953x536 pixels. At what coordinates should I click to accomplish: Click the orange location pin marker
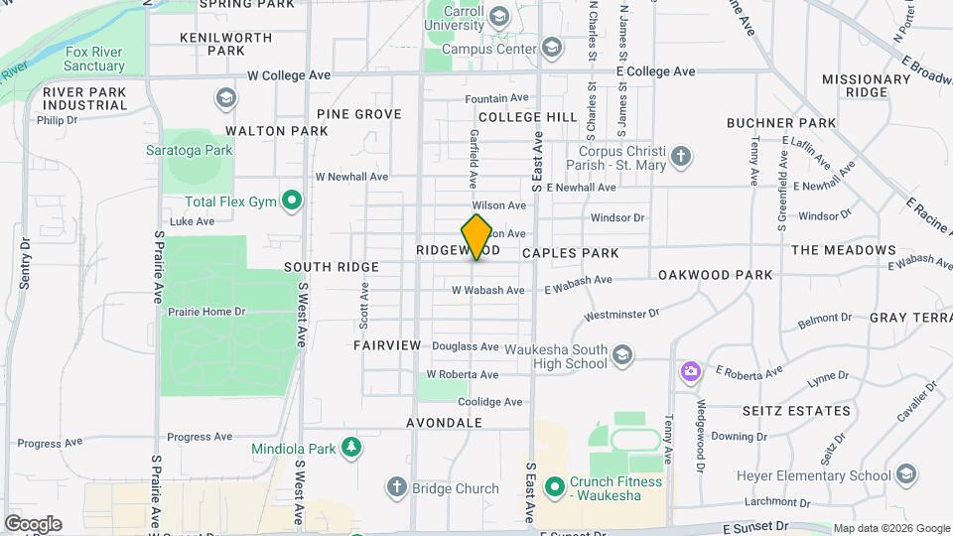point(477,236)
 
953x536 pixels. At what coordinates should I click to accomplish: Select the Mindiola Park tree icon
point(349,448)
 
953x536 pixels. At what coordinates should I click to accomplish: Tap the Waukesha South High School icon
point(622,355)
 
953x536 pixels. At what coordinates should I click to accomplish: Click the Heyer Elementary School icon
point(904,474)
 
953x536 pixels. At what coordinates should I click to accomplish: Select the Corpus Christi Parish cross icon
point(680,156)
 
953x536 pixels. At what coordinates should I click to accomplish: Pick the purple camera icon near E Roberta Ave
point(690,372)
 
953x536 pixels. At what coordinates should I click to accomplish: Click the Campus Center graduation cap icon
point(551,48)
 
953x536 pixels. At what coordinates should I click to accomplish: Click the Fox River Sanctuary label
point(95,59)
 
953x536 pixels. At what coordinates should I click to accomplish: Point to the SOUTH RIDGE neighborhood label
point(331,267)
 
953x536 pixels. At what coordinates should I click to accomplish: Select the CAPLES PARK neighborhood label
point(570,253)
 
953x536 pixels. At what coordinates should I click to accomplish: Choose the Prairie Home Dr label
point(206,312)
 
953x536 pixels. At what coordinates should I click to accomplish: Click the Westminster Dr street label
point(621,315)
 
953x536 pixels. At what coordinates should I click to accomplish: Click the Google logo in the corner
point(33,523)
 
